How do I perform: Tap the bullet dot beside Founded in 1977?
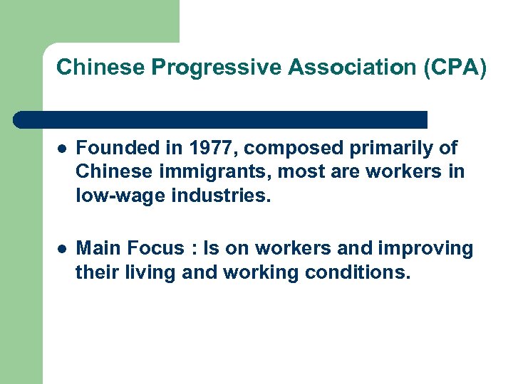coord(63,149)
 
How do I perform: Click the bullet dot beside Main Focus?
coord(63,249)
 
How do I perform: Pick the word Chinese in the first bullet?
coord(113,171)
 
